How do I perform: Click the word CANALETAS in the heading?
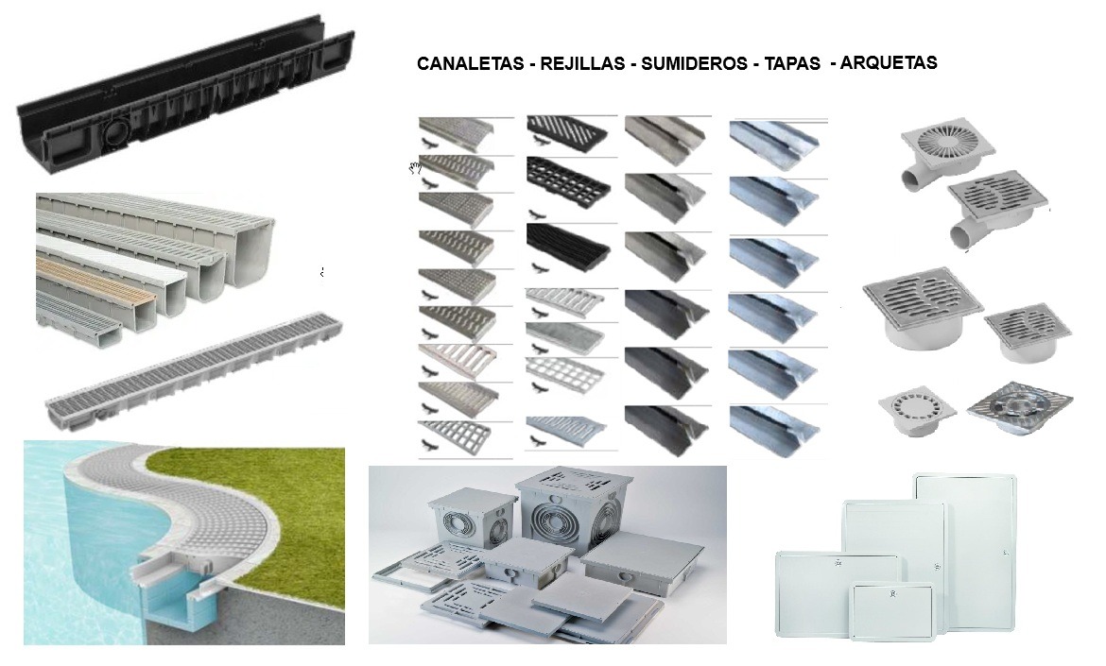click(x=469, y=64)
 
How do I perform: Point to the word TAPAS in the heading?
click(x=792, y=64)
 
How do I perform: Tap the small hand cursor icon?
click(x=414, y=168)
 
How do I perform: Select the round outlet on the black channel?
click(x=117, y=131)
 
